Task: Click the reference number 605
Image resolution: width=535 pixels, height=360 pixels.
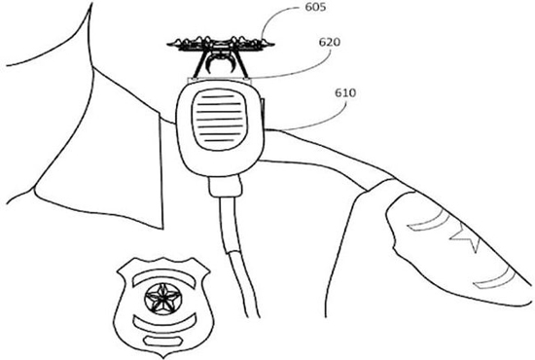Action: (x=315, y=7)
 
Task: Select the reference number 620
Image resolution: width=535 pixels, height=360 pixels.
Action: (x=330, y=42)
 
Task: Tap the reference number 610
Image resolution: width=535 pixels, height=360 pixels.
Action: (x=345, y=92)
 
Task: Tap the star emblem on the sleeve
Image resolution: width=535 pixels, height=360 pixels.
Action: (x=466, y=236)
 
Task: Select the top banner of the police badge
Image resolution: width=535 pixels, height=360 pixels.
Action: (x=165, y=276)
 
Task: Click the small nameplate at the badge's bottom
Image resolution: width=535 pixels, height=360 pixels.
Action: (x=162, y=341)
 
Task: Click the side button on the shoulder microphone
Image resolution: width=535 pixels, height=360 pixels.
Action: (x=263, y=106)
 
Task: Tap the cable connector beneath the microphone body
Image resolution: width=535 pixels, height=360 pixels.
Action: (x=226, y=187)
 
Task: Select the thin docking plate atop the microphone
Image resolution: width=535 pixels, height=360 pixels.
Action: (x=220, y=81)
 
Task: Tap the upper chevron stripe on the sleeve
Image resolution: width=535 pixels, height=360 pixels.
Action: (x=427, y=221)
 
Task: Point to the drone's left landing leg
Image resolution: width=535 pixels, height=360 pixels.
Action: (x=200, y=67)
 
